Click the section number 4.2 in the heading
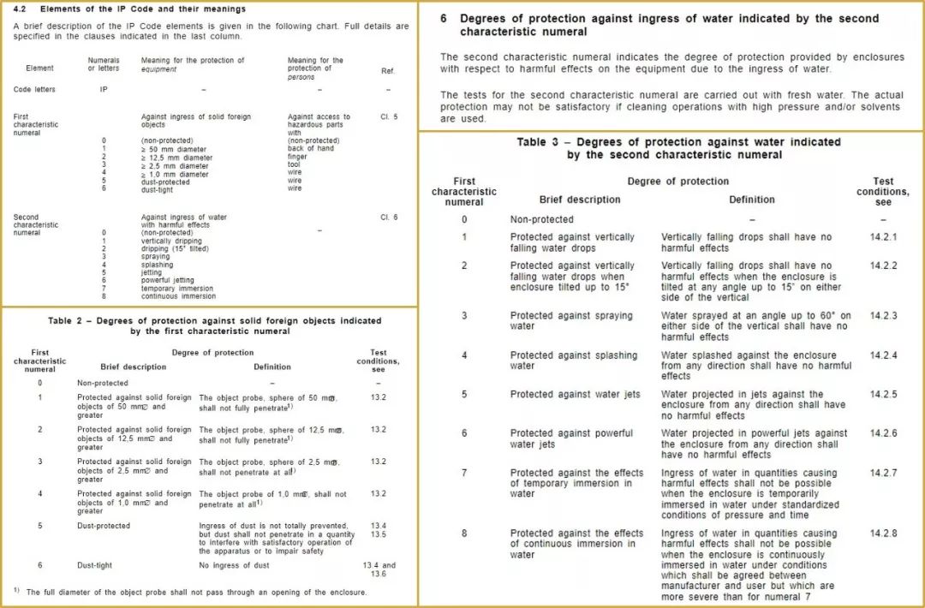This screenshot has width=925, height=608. pos(20,9)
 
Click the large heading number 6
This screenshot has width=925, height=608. pos(444,19)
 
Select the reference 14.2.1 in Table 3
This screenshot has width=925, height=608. pos(883,236)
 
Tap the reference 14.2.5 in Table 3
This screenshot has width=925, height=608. pos(883,394)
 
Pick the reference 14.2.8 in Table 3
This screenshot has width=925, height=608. pos(883,533)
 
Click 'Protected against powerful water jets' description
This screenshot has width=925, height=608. pos(571,438)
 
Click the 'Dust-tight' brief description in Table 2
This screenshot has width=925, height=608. pos(94,565)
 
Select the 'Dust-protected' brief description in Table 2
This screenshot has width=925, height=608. pos(104,526)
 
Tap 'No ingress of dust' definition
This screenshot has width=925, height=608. pos(234,565)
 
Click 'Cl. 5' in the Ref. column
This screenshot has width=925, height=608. pos(389,116)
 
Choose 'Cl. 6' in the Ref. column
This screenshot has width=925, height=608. pos(389,218)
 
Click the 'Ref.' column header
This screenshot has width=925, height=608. pos(388,71)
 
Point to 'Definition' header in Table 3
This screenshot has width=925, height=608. pos(751,200)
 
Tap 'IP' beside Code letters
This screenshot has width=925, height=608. pos(104,89)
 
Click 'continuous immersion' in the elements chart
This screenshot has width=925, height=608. pos(178,296)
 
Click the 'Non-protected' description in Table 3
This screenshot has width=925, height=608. pos(541,220)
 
